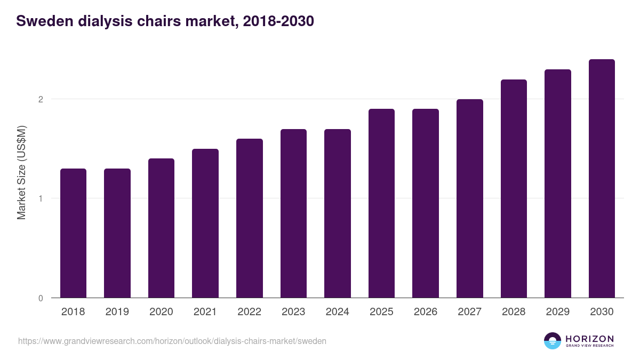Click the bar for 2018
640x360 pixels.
coord(73,233)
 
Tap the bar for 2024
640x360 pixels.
coord(338,213)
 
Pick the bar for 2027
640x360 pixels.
coord(470,198)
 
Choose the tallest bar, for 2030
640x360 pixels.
coord(602,179)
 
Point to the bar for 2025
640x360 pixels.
coord(381,203)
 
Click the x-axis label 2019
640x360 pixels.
coord(117,312)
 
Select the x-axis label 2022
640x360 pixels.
coord(249,312)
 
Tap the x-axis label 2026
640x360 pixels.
coord(426,312)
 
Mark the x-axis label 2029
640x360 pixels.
coord(558,312)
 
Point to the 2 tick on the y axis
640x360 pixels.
coord(40,99)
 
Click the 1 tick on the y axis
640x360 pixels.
coord(40,198)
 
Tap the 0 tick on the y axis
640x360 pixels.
coord(40,298)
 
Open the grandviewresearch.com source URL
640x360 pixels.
coord(172,341)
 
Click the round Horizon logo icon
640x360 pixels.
coord(553,341)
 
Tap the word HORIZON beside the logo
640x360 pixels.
coord(589,339)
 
